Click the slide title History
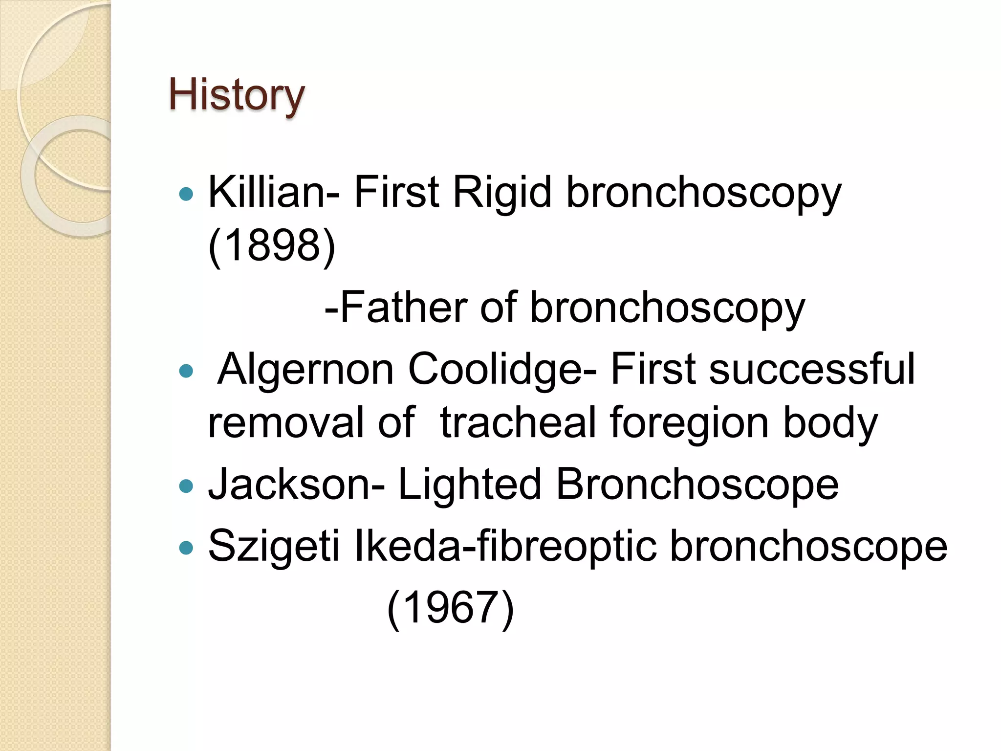point(237,95)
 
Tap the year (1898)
point(272,245)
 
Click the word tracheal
point(517,422)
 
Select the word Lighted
point(470,485)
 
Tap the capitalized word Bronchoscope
point(697,485)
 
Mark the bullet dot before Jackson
point(186,486)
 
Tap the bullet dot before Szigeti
point(186,548)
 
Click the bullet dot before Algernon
point(186,372)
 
